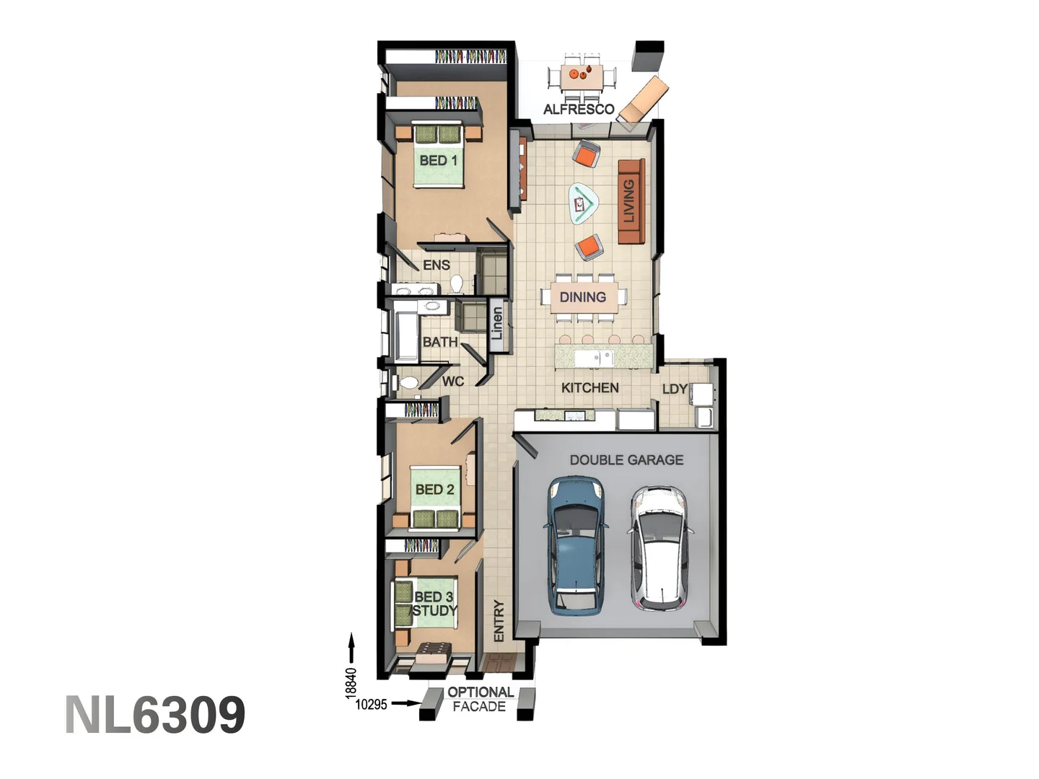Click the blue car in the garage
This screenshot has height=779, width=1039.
click(575, 546)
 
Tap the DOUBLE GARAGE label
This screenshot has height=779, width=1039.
click(626, 459)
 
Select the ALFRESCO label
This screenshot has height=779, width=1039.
click(579, 110)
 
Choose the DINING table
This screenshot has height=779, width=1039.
click(583, 296)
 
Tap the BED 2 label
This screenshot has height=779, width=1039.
click(434, 489)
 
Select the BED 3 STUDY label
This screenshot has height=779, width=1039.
click(434, 604)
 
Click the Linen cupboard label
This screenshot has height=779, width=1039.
click(496, 324)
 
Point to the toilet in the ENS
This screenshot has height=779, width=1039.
click(457, 283)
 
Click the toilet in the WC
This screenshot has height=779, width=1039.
click(408, 383)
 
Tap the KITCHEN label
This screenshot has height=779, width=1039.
click(589, 388)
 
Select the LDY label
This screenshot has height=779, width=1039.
click(675, 389)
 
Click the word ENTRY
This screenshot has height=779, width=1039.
click(499, 621)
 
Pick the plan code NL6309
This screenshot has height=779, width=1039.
click(155, 715)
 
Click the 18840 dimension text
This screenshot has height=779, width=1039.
click(351, 682)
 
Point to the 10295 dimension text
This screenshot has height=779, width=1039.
click(371, 705)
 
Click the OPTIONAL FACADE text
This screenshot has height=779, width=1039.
click(480, 699)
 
